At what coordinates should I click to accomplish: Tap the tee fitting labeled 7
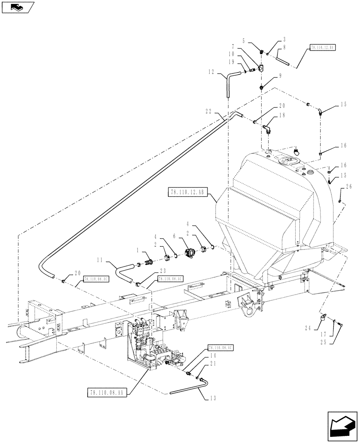click(x=261, y=69)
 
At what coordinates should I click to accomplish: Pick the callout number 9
click(x=280, y=76)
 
